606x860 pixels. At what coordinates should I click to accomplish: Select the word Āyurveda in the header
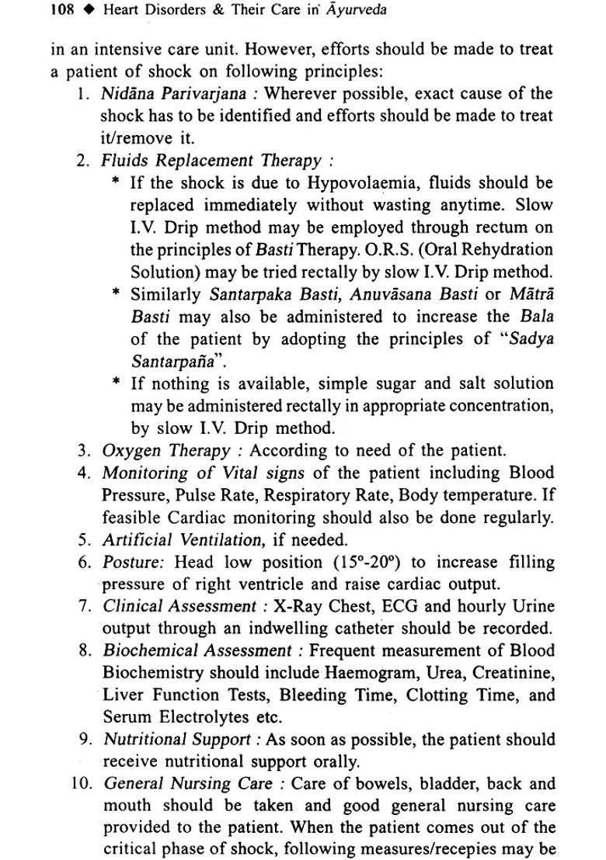click(x=359, y=11)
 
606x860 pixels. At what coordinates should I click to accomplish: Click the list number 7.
click(x=86, y=606)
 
